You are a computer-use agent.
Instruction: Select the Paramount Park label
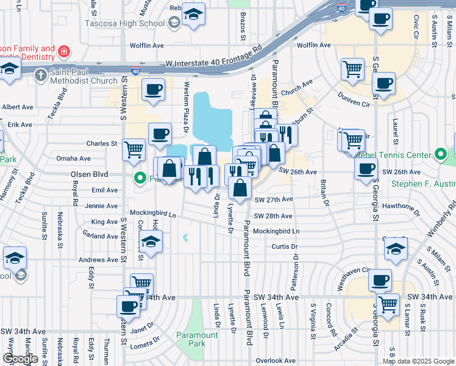tap(197, 339)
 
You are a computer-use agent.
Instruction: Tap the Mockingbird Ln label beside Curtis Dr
tap(276, 232)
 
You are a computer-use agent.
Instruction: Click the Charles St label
tap(101, 144)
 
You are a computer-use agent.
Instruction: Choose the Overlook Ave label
tap(276, 361)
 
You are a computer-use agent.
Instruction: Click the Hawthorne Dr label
tap(399, 206)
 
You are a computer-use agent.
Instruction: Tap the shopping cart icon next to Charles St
tap(134, 148)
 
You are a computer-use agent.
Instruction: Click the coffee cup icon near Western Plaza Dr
tap(160, 133)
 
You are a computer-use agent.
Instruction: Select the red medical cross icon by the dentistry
tap(63, 51)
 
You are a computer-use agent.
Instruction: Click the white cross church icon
tap(40, 76)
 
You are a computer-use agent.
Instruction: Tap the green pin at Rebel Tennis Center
tap(441, 155)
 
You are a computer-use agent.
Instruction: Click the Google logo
tap(21, 359)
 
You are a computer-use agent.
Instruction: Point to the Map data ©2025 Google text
tap(419, 361)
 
